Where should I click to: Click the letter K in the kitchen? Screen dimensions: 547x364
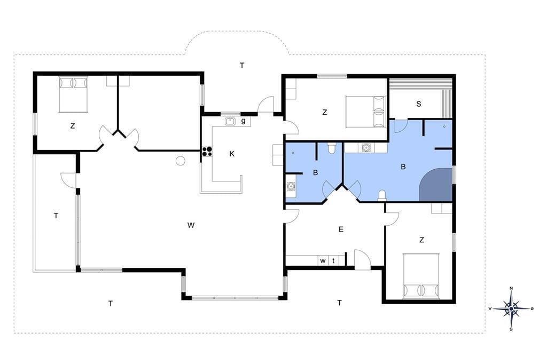click(x=232, y=154)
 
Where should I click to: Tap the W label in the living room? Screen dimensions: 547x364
click(x=191, y=225)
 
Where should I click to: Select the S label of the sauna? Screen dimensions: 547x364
click(x=419, y=104)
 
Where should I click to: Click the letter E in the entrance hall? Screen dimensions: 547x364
click(x=341, y=230)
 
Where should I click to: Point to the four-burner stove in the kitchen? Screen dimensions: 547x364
click(x=207, y=151)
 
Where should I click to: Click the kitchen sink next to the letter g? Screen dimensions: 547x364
click(x=230, y=121)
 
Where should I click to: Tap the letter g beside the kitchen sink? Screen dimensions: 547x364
click(x=244, y=121)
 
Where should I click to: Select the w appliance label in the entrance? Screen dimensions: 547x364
click(x=323, y=260)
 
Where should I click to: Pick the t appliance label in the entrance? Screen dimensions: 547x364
click(x=333, y=260)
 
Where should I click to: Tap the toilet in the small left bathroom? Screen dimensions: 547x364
click(x=332, y=148)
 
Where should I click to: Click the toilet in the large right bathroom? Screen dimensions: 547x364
click(x=382, y=195)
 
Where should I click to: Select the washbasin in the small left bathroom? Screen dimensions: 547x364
click(x=291, y=186)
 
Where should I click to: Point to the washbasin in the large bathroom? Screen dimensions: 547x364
click(x=366, y=148)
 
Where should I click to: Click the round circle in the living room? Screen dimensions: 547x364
click(x=181, y=161)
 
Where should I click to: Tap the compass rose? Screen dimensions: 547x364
click(x=511, y=308)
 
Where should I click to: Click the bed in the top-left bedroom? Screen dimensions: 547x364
click(x=73, y=94)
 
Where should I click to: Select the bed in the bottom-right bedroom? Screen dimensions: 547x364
click(x=421, y=276)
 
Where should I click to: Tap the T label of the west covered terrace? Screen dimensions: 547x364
click(x=56, y=216)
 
